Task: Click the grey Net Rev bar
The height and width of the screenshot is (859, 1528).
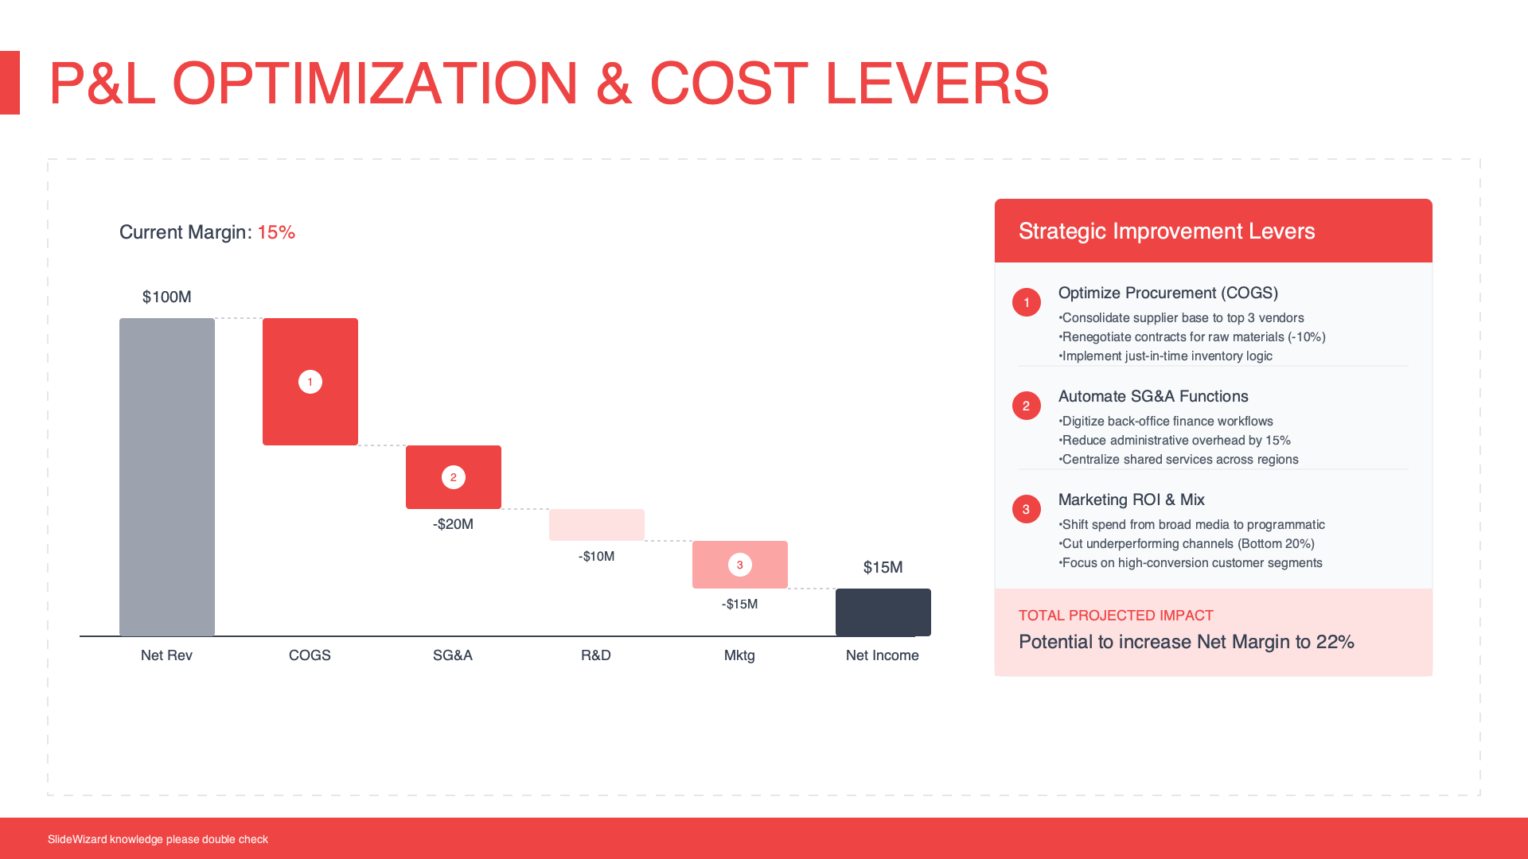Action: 167,477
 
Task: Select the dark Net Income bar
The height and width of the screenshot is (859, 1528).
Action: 883,612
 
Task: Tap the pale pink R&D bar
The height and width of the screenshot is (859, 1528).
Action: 597,525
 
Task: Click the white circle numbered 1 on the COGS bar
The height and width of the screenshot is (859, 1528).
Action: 310,382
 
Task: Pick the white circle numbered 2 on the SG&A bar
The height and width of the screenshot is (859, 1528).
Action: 454,477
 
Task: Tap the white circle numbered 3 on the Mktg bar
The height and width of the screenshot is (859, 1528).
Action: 740,565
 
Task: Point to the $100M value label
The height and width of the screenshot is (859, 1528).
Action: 167,297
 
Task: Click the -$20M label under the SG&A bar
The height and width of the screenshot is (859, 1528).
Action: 453,524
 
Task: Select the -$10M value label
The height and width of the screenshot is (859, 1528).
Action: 596,556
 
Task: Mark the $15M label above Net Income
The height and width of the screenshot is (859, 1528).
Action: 883,567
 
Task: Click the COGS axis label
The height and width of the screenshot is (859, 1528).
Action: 310,655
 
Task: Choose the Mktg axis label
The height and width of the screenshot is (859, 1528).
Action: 739,655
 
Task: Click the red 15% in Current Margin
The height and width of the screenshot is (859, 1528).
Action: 276,232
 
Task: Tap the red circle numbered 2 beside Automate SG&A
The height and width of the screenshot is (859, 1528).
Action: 1027,406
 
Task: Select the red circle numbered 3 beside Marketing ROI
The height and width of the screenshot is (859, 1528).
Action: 1027,509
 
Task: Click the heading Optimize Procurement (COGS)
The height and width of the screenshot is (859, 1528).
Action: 1167,293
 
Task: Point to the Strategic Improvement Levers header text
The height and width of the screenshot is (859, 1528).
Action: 1166,231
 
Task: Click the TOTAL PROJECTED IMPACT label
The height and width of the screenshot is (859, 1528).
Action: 1116,616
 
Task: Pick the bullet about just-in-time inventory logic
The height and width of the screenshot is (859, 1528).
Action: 1166,356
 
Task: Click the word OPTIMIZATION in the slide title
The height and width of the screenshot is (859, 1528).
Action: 375,84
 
